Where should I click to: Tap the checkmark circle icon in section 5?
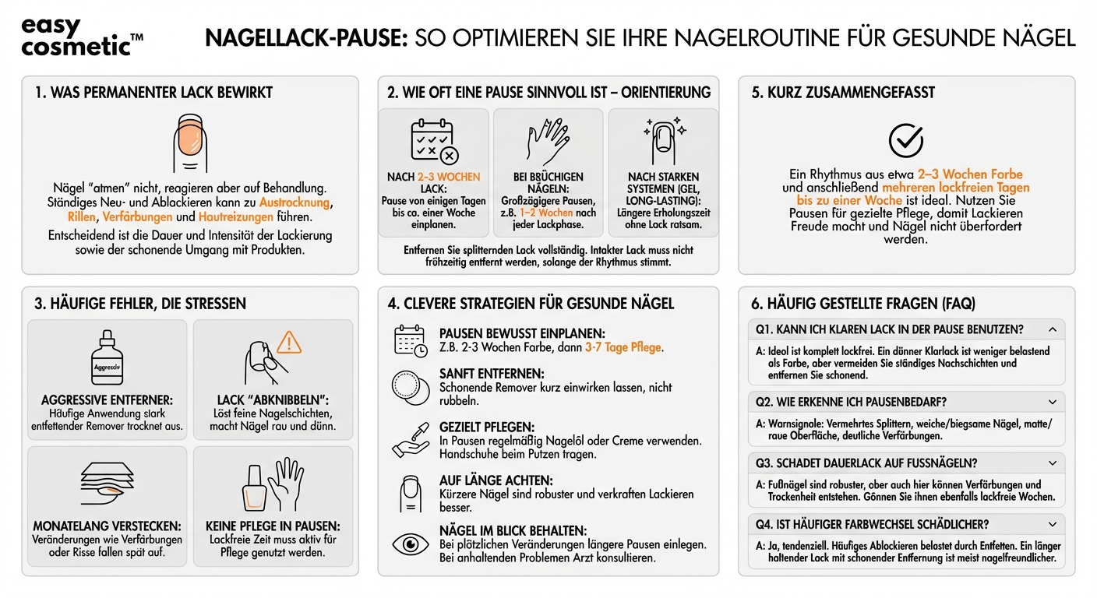[x=906, y=140]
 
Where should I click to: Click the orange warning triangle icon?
[x=289, y=342]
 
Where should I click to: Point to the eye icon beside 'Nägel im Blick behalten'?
[x=410, y=543]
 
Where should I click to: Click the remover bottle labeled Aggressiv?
[x=108, y=361]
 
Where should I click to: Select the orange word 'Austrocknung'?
[x=295, y=202]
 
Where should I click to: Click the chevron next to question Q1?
[x=1053, y=329]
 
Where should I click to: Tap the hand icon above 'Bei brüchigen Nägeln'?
[x=548, y=142]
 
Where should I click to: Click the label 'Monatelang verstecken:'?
[x=108, y=526]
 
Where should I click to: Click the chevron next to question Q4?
[x=1053, y=524]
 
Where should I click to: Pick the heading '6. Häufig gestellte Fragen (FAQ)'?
[x=863, y=304]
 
